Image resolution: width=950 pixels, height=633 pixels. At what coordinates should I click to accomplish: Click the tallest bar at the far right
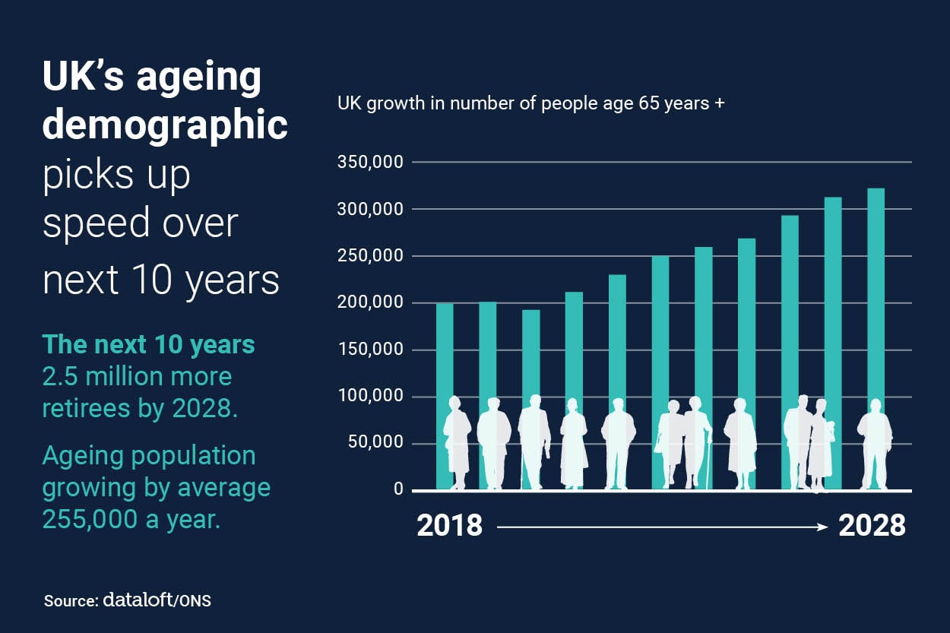[x=876, y=304]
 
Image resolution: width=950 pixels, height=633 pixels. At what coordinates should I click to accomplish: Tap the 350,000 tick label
[x=369, y=163]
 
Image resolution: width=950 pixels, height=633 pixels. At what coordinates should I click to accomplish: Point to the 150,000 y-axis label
[x=369, y=350]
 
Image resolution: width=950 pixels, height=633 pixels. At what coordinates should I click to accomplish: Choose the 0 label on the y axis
[x=398, y=489]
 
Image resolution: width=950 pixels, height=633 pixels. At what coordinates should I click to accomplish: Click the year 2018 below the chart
[x=449, y=526]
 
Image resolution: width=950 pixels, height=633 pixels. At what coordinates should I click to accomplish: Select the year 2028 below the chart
[x=872, y=526]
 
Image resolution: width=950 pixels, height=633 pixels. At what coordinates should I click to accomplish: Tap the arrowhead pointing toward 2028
[x=823, y=526]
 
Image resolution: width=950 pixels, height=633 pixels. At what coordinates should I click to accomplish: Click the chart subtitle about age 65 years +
[x=530, y=103]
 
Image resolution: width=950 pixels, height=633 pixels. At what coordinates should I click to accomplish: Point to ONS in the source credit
[x=195, y=600]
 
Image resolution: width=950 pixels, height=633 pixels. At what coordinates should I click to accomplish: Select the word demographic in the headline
[x=165, y=125]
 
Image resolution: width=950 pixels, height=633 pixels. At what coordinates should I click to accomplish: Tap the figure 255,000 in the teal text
[x=90, y=521]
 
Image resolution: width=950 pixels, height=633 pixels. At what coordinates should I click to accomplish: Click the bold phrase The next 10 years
[x=149, y=344]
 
